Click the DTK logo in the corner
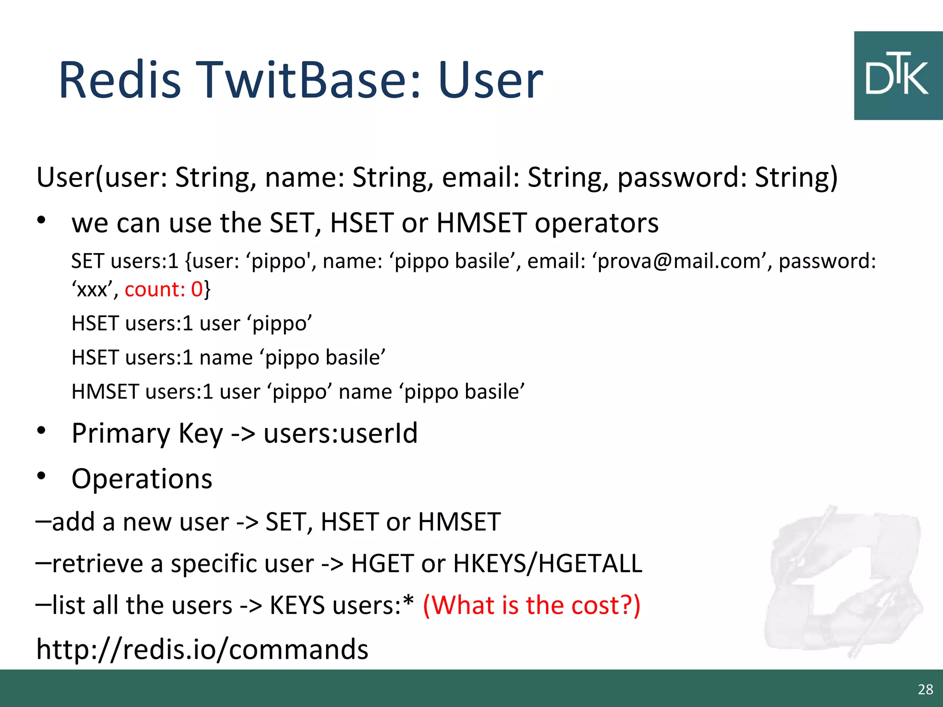click(x=897, y=76)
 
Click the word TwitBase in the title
click(x=309, y=81)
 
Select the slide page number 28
click(x=925, y=689)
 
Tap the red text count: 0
click(x=163, y=290)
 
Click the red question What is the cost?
click(x=531, y=605)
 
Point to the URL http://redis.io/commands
click(x=202, y=649)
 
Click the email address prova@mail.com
click(x=680, y=261)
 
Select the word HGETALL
click(x=590, y=564)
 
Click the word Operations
click(x=142, y=479)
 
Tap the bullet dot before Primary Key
click(x=41, y=431)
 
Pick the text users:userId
click(x=340, y=434)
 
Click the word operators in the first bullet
click(x=596, y=223)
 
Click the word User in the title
click(x=490, y=81)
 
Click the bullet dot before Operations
click(x=41, y=476)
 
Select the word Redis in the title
click(x=120, y=81)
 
